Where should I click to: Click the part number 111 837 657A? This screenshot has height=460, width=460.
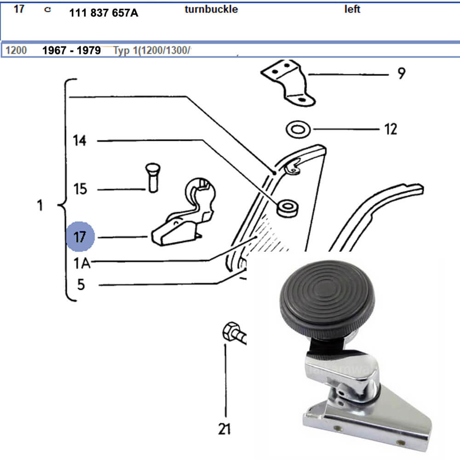pyautogui.click(x=103, y=13)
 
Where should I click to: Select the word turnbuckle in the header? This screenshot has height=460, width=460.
pyautogui.click(x=211, y=9)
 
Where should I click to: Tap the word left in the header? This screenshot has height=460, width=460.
pyautogui.click(x=352, y=9)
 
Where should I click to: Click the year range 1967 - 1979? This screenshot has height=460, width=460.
pyautogui.click(x=71, y=50)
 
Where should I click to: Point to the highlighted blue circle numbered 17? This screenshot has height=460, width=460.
pyautogui.click(x=80, y=237)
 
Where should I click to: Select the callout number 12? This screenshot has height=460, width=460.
pyautogui.click(x=390, y=129)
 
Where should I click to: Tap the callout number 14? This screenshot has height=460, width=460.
pyautogui.click(x=80, y=140)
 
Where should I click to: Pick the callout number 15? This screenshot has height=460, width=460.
pyautogui.click(x=80, y=189)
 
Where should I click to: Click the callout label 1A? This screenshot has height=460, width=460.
pyautogui.click(x=81, y=264)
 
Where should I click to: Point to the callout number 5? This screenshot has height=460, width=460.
pyautogui.click(x=81, y=285)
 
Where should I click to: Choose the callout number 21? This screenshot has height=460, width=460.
pyautogui.click(x=224, y=429)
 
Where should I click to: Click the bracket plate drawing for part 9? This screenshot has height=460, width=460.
pyautogui.click(x=287, y=83)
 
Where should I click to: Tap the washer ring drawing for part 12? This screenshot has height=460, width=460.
pyautogui.click(x=298, y=129)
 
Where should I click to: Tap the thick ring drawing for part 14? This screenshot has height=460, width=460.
pyautogui.click(x=287, y=208)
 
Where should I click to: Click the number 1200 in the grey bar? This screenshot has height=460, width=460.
pyautogui.click(x=16, y=50)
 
